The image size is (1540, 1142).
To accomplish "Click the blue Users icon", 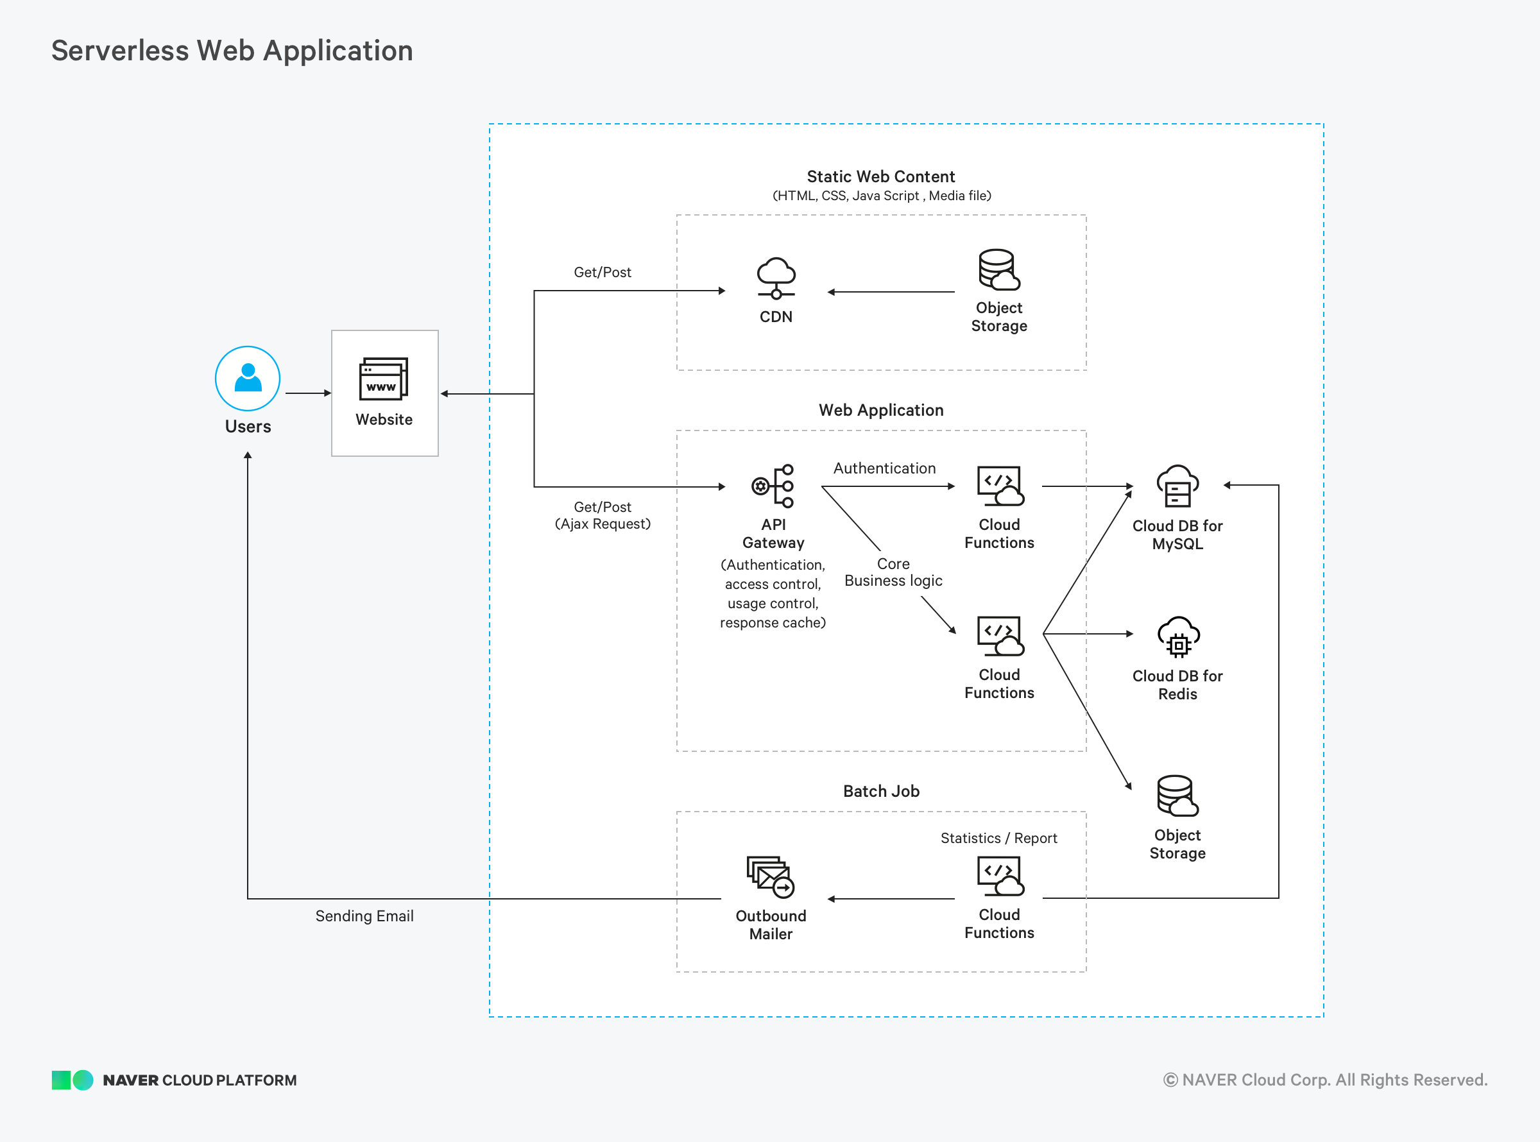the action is (x=248, y=378).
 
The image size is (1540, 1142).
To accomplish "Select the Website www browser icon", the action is (x=384, y=378).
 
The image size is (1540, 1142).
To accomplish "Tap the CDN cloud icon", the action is (x=776, y=278).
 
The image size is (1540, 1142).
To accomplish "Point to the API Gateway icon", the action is (x=773, y=486).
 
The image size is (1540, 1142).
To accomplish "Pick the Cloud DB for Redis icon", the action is (x=1179, y=636).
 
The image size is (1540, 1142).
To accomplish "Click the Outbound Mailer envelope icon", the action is (x=771, y=876).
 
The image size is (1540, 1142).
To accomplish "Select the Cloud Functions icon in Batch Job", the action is (x=1000, y=876).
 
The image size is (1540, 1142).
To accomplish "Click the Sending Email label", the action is (x=364, y=916).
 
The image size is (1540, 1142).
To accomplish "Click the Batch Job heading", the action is (x=881, y=791).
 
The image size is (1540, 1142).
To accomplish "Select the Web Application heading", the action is (x=881, y=410).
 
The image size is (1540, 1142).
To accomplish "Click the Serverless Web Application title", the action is (x=232, y=51).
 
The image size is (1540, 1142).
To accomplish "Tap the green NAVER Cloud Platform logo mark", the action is (x=73, y=1080).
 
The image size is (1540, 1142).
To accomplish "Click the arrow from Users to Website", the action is (x=308, y=393).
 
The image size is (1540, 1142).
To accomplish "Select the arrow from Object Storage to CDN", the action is (x=891, y=292).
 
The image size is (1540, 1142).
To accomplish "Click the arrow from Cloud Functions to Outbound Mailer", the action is (x=891, y=899).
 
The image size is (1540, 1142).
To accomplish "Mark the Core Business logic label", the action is (x=893, y=572).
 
